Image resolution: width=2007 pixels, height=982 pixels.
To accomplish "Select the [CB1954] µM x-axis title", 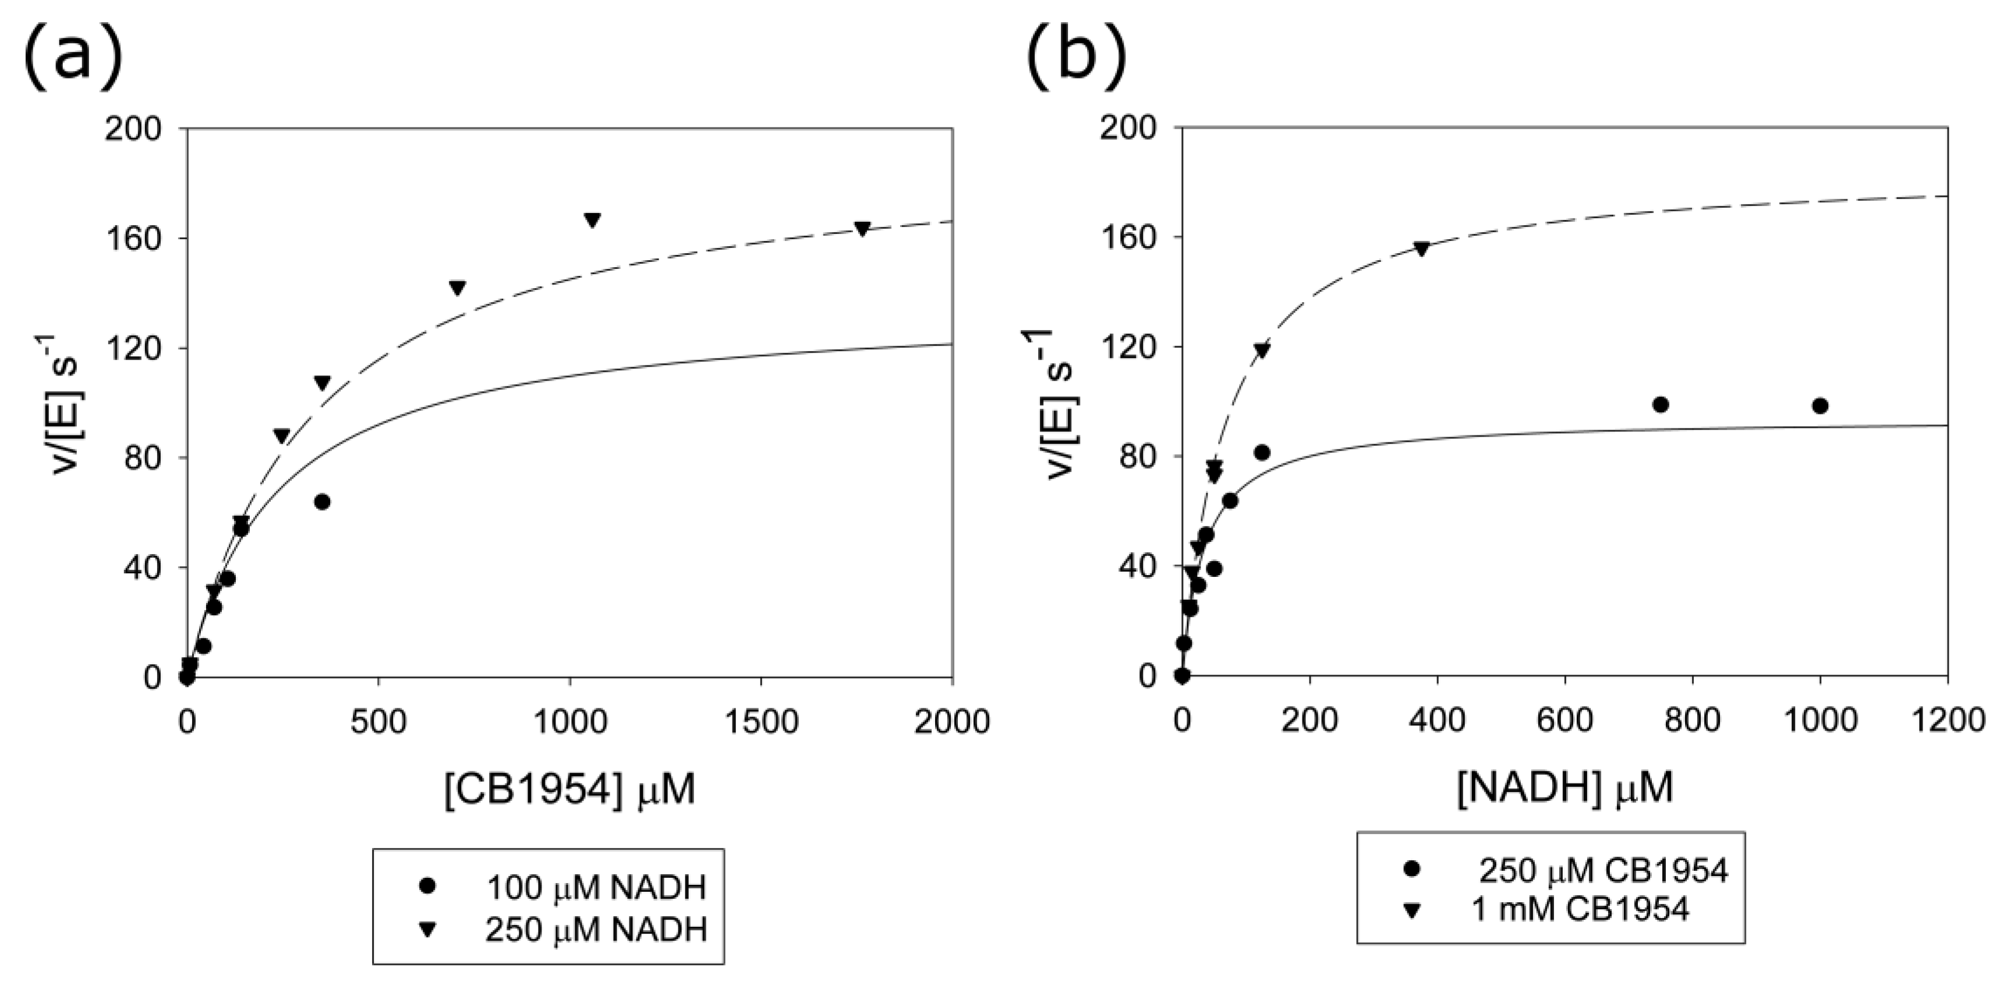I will (569, 790).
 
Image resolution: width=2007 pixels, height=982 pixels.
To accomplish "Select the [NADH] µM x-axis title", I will (1564, 789).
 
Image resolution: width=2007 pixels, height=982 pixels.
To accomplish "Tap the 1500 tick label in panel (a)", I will (760, 722).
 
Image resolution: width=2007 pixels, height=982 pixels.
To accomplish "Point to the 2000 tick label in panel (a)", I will (951, 722).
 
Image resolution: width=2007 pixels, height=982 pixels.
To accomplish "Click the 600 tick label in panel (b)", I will (1564, 720).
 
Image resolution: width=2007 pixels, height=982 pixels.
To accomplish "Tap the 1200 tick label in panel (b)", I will (1946, 720).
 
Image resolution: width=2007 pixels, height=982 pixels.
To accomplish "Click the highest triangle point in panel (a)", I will (592, 221).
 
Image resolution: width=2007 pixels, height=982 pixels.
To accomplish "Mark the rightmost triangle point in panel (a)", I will (862, 228).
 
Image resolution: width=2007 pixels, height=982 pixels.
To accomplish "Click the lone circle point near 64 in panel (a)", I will (322, 502).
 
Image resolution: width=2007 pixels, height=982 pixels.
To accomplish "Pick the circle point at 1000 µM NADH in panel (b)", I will (1820, 406).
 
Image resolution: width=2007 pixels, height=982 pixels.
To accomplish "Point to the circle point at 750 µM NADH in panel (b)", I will (1661, 404).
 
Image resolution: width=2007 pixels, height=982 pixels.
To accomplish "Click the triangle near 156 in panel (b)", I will (1421, 249).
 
